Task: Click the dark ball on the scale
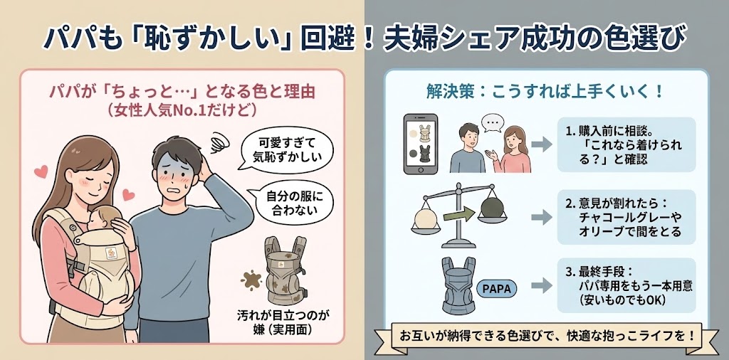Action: click(x=491, y=207)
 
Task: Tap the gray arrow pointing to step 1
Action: click(x=542, y=144)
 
